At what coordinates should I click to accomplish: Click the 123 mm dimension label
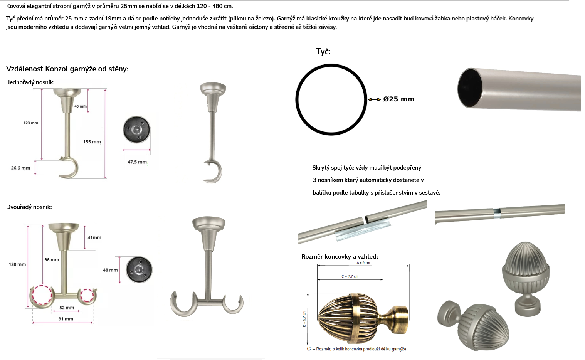pos(31,123)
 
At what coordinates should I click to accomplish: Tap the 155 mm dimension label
pos(92,142)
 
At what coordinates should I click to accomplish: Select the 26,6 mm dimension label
pos(20,168)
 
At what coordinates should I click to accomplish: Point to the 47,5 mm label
pos(137,162)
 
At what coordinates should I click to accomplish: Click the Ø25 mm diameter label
pos(398,99)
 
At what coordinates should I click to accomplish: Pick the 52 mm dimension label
pos(67,308)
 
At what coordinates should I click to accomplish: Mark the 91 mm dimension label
pos(66,319)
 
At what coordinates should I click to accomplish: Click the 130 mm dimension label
pos(17,264)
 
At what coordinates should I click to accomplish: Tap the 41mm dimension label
pos(94,237)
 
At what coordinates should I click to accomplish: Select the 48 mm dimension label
pos(110,270)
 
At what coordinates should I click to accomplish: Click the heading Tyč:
pos(323,52)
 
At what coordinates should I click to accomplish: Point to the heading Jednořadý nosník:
pos(31,82)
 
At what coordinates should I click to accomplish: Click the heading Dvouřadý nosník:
pos(29,207)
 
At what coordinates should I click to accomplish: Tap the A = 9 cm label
pos(363,263)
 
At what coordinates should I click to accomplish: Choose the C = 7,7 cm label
pos(350,276)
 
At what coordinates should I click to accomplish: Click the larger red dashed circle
pos(33,295)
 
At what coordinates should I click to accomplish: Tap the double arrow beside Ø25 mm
pos(374,99)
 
